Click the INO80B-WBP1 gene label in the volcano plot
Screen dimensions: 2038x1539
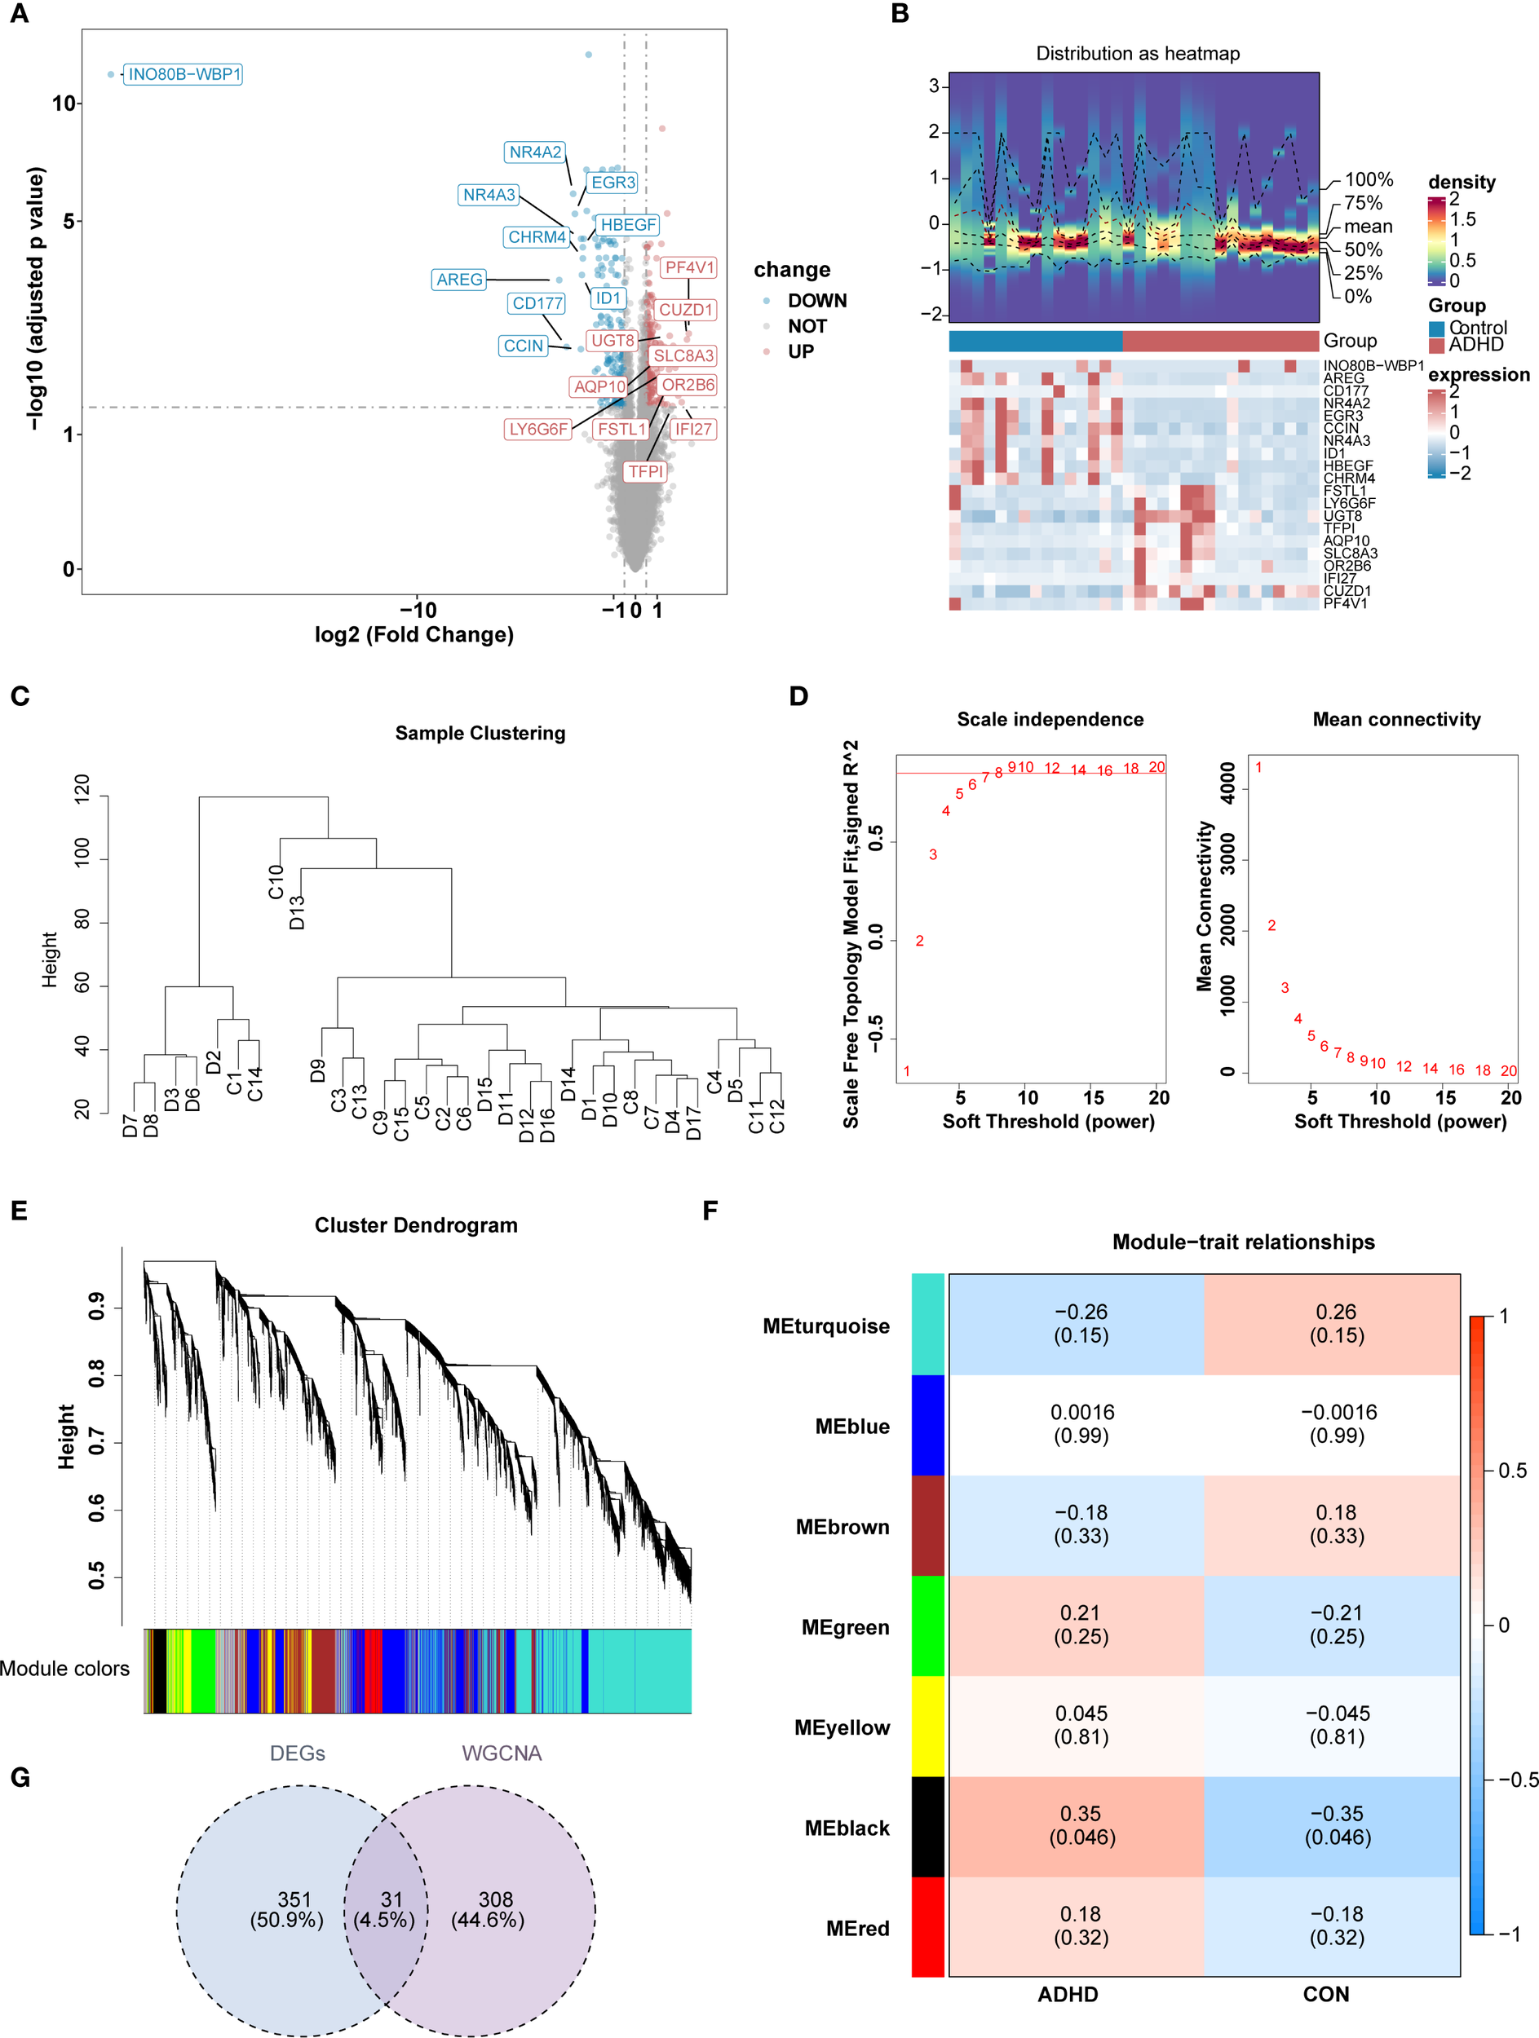coord(184,73)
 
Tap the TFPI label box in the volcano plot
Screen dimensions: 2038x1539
coord(645,471)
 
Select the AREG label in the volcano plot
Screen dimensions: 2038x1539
coord(459,279)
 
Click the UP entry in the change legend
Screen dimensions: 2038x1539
coord(800,351)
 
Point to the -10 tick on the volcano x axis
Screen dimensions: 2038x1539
coord(418,610)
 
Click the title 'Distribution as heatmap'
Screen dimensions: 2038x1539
coord(1137,54)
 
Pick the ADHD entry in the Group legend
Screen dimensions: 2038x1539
coord(1475,345)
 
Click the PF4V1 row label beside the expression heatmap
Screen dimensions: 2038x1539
coord(1345,603)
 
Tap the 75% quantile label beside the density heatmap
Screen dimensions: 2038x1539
coord(1363,203)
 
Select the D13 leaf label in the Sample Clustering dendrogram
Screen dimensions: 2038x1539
coord(297,911)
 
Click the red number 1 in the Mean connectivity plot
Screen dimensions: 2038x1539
coord(1258,767)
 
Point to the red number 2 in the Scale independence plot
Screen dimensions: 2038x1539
coord(919,941)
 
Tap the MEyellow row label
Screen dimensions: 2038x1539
coord(842,1727)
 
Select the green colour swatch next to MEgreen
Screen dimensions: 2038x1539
coord(927,1626)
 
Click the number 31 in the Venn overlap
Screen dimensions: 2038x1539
coord(391,1899)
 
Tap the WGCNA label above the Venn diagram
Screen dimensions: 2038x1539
coord(502,1753)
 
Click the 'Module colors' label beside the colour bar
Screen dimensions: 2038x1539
coord(64,1669)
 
